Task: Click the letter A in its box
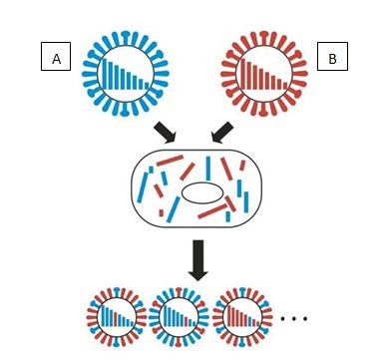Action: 57,59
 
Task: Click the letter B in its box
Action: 332,59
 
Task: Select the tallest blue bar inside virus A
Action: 105,74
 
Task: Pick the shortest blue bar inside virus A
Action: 147,86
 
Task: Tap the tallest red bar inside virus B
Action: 243,74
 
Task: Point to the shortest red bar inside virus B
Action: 285,86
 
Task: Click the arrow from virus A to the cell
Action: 166,133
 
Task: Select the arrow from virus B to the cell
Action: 222,133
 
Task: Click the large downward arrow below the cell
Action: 198,260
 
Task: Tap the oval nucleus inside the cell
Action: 202,192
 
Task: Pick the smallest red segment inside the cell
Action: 162,212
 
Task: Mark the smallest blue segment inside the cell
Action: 151,170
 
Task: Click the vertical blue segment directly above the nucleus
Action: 208,169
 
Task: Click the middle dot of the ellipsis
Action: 294,318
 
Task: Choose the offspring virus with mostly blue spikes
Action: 179,317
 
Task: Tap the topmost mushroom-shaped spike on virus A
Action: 126,38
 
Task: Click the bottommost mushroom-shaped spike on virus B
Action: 263,110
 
